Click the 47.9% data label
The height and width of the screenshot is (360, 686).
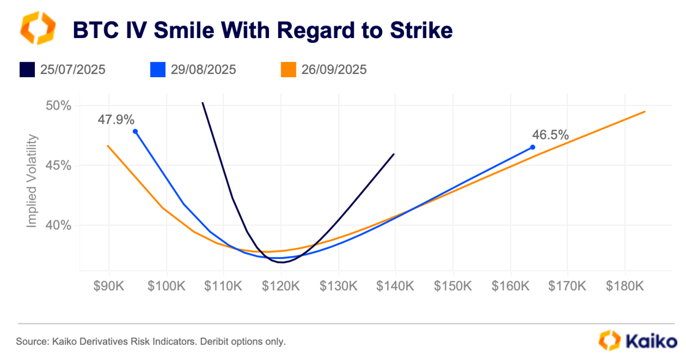tap(116, 120)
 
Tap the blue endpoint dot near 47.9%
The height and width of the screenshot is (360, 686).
tap(135, 131)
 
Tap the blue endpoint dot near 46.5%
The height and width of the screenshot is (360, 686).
tap(532, 147)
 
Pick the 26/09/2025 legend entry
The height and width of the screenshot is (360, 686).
tap(334, 69)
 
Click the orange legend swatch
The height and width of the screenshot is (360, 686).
tap(288, 69)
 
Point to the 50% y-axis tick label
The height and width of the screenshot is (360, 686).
tap(59, 105)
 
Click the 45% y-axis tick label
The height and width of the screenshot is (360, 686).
tap(59, 165)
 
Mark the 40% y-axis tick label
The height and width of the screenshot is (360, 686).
tap(59, 225)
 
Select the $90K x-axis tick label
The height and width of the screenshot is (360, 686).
tap(109, 286)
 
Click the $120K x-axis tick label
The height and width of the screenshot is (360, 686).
tap(281, 286)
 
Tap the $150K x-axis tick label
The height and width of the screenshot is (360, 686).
tap(453, 286)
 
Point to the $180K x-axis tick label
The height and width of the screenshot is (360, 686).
tap(625, 286)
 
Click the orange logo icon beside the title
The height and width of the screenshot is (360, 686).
tap(38, 28)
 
